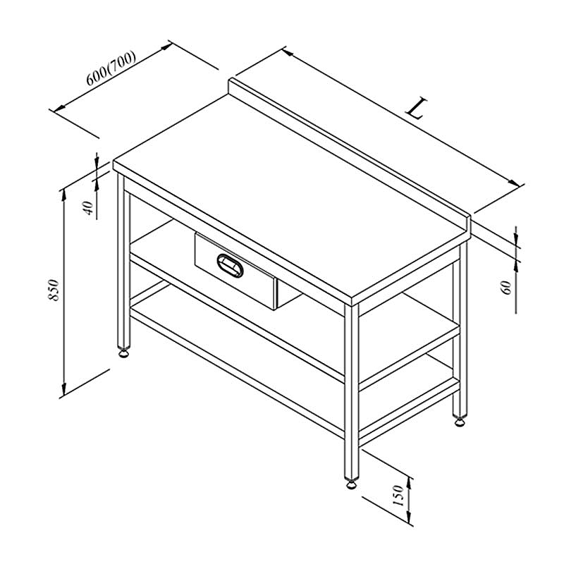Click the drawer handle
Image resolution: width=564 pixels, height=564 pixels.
tap(231, 266)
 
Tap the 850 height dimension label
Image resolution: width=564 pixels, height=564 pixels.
tap(54, 290)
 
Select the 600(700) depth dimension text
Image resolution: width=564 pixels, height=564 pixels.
tap(111, 68)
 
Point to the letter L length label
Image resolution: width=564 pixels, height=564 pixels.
tap(417, 108)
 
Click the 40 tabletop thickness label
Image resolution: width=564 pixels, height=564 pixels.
tap(88, 208)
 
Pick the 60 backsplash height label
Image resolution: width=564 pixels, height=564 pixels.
tap(506, 288)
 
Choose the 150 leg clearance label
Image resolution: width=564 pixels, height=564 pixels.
tap(399, 496)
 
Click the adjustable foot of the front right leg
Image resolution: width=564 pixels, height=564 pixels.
tap(351, 484)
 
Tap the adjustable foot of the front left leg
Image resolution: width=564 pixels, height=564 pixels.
tap(124, 353)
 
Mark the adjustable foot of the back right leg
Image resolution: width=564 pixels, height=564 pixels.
tap(460, 421)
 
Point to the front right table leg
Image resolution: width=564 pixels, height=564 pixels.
tap(351, 392)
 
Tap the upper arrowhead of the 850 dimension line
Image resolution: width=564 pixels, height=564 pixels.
tap(64, 195)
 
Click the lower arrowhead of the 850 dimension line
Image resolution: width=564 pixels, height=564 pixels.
tap(64, 389)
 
